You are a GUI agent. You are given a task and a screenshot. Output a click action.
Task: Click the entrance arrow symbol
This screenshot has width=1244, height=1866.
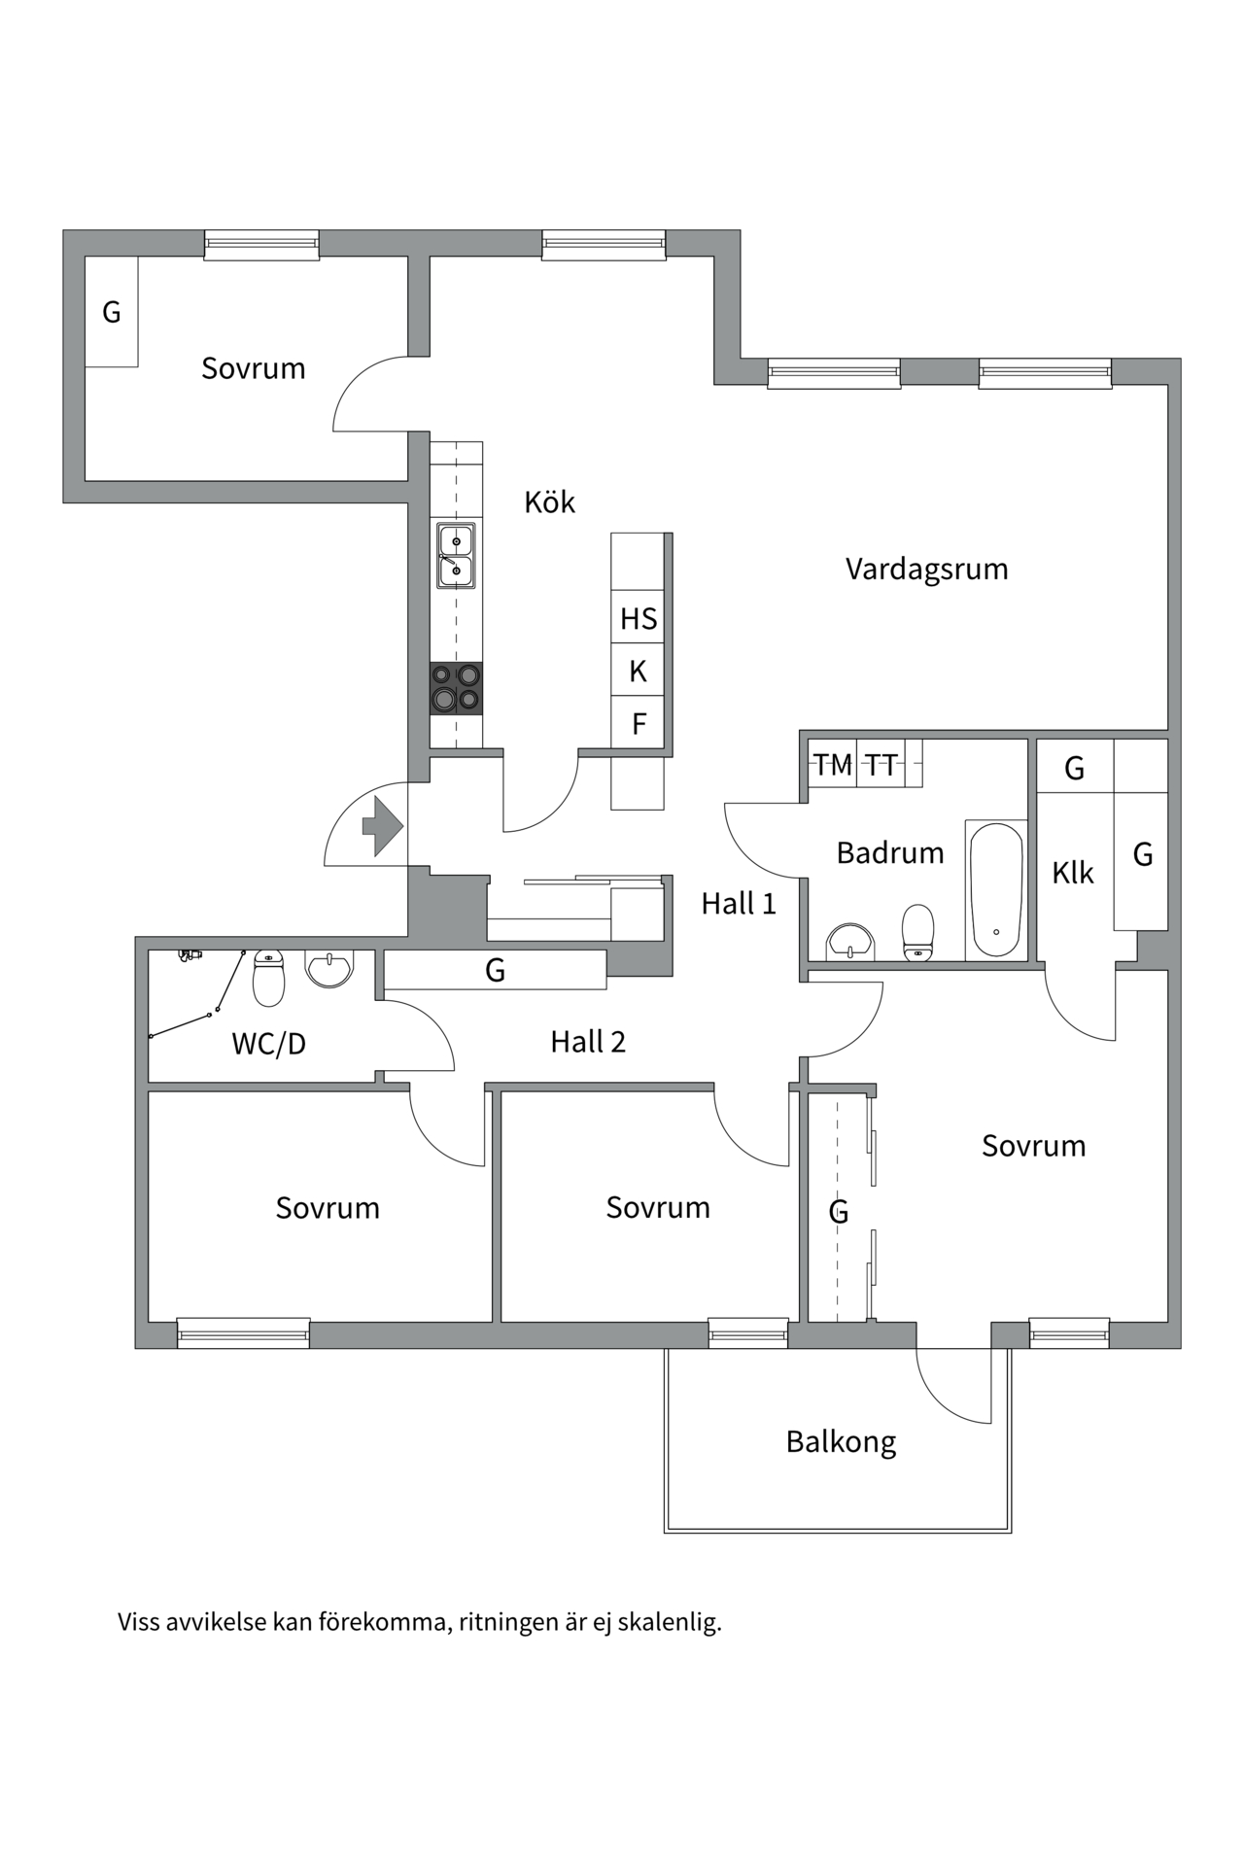[383, 826]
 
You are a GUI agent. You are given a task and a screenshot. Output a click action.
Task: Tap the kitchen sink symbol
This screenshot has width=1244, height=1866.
[456, 556]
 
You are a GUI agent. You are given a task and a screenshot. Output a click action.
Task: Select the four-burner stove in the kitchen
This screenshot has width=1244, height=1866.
[456, 688]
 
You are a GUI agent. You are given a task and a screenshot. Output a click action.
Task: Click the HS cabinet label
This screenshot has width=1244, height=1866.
[639, 619]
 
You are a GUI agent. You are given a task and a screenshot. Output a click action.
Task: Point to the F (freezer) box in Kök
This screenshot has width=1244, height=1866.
[639, 723]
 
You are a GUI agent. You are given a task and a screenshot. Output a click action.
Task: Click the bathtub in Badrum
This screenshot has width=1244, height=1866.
[996, 890]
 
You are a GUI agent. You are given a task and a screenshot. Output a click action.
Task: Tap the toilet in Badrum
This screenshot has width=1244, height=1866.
[918, 933]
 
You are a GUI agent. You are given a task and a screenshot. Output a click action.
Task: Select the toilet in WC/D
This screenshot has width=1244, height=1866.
[269, 978]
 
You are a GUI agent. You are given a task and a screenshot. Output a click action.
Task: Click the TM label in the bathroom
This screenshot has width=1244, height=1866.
[833, 766]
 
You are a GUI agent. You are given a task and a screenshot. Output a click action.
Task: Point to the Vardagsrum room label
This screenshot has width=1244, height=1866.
[926, 570]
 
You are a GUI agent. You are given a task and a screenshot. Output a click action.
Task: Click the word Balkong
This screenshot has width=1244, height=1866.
[841, 1442]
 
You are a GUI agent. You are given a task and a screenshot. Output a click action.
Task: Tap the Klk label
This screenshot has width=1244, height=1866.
[1073, 873]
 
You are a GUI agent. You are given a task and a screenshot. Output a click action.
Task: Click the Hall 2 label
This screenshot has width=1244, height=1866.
[588, 1042]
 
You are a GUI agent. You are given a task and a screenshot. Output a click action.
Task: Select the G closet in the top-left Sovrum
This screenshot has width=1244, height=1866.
[112, 312]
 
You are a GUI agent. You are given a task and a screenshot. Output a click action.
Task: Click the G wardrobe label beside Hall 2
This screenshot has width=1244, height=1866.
[495, 970]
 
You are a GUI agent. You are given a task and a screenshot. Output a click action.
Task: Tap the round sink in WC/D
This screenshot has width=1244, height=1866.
[329, 969]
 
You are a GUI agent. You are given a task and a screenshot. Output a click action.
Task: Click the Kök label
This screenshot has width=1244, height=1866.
[549, 502]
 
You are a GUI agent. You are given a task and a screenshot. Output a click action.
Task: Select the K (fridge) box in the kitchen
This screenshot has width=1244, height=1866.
[639, 671]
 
